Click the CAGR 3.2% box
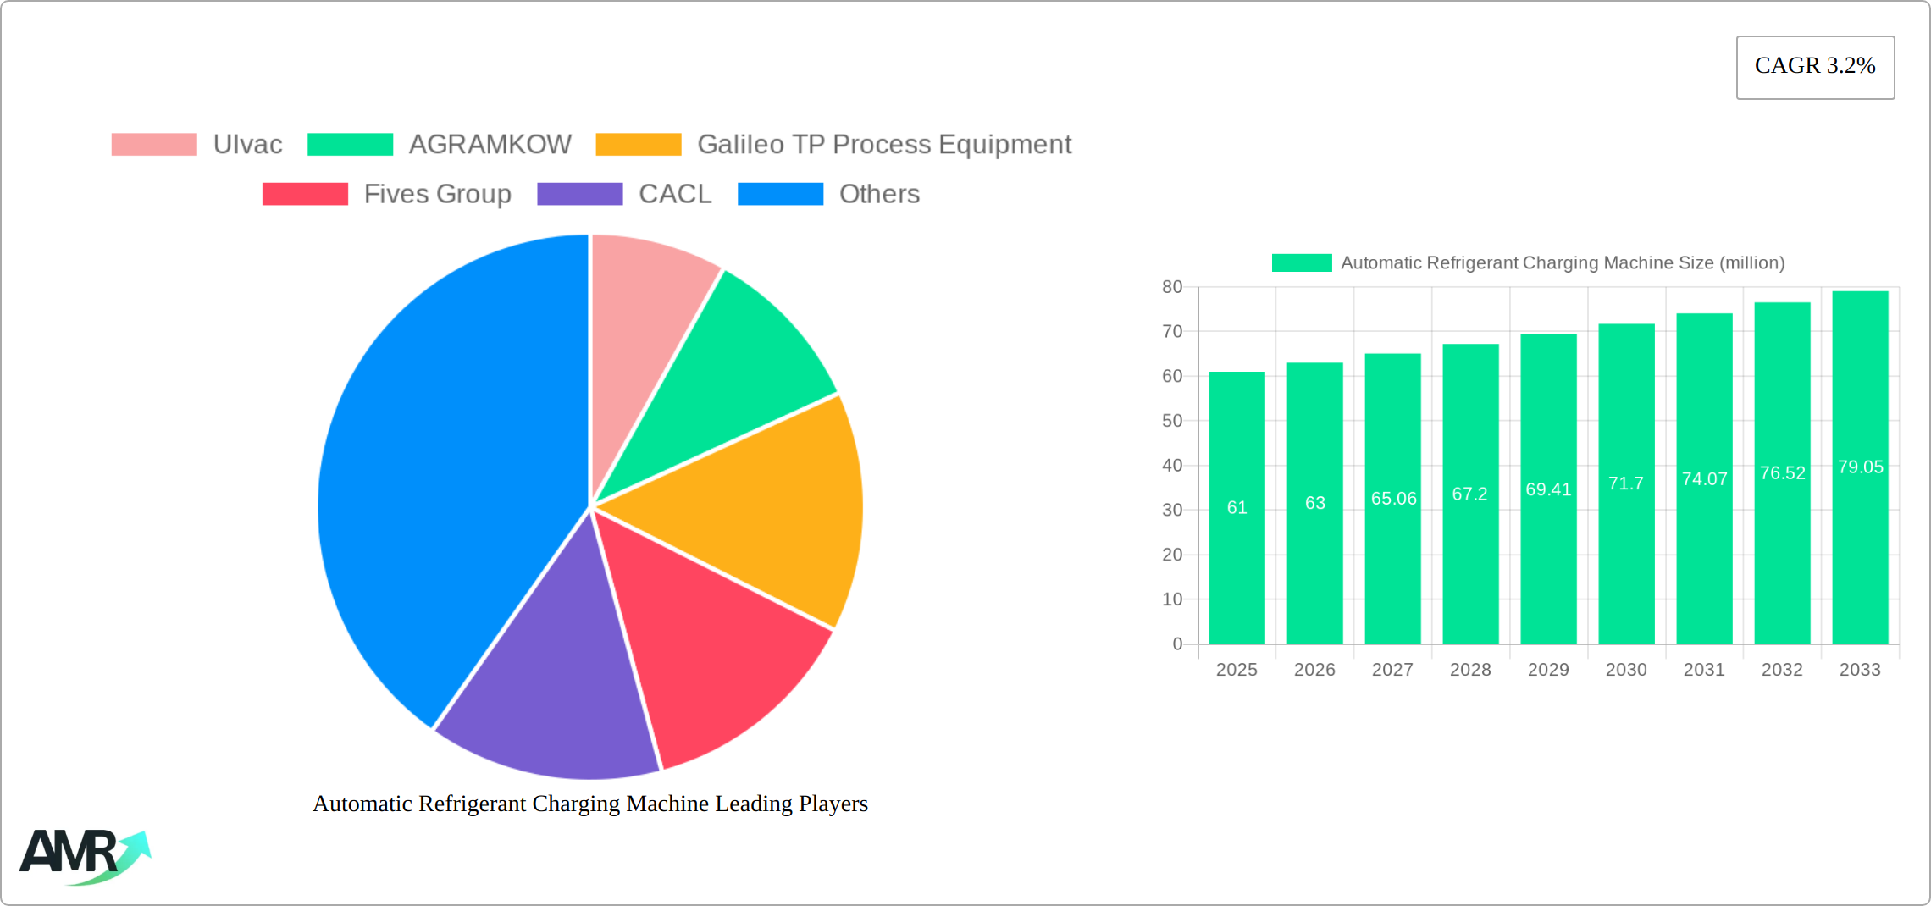tap(1815, 67)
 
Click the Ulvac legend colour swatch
tap(154, 145)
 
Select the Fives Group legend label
tap(437, 194)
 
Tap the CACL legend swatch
tap(580, 194)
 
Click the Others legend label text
tap(879, 194)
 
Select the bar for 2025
tap(1237, 550)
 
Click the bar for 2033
tap(1860, 550)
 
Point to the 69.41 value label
tap(1548, 489)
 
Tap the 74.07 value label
tap(1704, 479)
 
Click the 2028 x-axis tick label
tap(1470, 670)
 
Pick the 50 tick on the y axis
tap(1172, 421)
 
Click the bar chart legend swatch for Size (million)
tap(1302, 263)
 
